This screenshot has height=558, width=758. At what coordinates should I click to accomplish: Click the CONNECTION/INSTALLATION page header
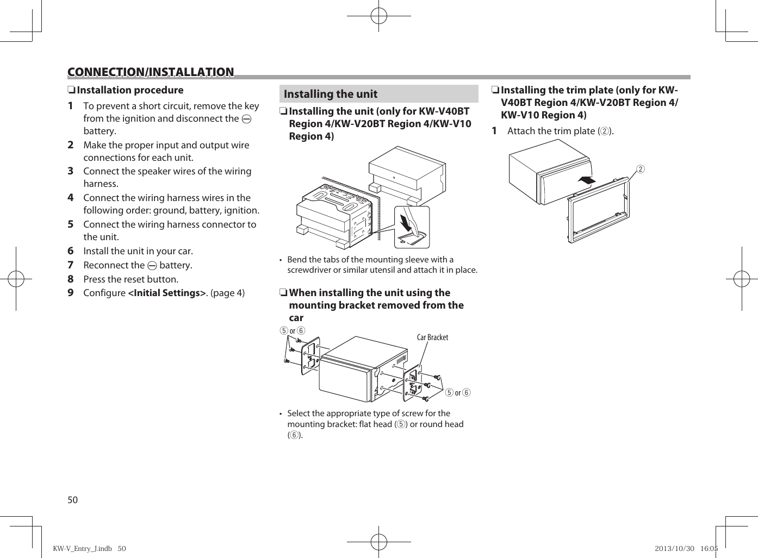[x=151, y=72]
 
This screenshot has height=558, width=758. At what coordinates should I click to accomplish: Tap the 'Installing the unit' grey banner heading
[x=331, y=94]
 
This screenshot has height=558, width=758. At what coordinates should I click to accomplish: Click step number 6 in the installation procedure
[x=71, y=251]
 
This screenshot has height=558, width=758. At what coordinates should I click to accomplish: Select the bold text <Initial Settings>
[x=167, y=293]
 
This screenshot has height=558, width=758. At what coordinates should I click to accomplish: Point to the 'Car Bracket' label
[x=432, y=337]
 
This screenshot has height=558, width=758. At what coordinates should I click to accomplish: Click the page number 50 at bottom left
[x=73, y=500]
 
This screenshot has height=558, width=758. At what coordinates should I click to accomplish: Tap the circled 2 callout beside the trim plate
[x=641, y=169]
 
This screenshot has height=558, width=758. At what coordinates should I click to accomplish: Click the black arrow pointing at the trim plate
[x=586, y=180]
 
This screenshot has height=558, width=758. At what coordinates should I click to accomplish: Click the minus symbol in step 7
[x=152, y=266]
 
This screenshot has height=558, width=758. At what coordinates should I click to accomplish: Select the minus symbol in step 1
[x=246, y=119]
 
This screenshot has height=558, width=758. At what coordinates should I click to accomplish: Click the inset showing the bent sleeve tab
[x=412, y=227]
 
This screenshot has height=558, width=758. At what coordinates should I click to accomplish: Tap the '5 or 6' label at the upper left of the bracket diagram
[x=292, y=331]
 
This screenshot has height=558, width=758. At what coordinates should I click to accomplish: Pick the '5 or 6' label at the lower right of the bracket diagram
[x=457, y=392]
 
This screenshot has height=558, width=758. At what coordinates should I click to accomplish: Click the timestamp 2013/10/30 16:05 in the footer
[x=686, y=548]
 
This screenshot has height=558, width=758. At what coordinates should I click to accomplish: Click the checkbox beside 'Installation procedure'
[x=71, y=90]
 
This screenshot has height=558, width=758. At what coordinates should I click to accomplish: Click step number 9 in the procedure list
[x=71, y=293]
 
